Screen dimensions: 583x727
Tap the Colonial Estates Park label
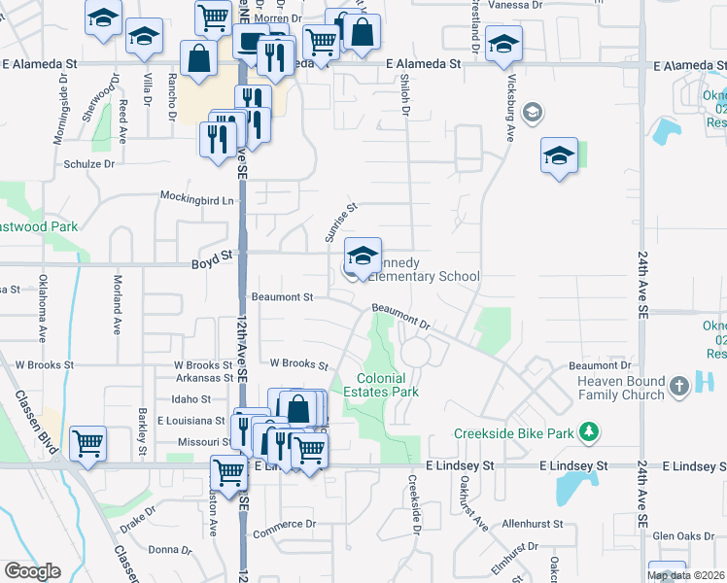coord(387,385)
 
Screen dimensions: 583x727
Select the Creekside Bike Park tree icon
coord(587,429)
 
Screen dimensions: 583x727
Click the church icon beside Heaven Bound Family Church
coord(678,385)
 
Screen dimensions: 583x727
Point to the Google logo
coord(31,571)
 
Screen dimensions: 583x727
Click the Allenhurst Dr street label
coord(533,524)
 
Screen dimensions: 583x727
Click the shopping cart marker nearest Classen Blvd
coord(87,444)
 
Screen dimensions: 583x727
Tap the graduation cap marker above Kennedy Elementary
coord(363,257)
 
